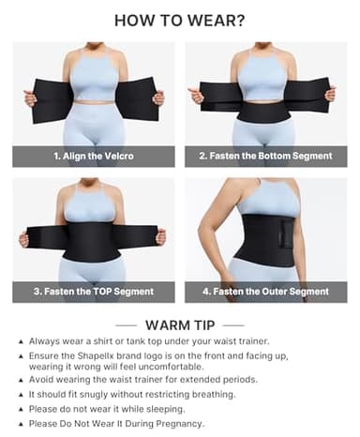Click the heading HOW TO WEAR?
tap(180, 20)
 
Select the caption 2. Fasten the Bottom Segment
tap(266, 157)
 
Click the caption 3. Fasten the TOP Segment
tap(94, 292)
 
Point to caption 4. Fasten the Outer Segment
tap(266, 292)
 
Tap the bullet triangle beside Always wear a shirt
tap(21, 341)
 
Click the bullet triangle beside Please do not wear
tap(21, 410)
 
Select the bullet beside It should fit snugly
tap(21, 396)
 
